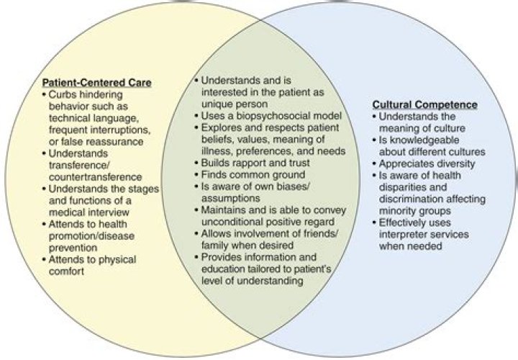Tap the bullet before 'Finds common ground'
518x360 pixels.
pyautogui.click(x=196, y=175)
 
